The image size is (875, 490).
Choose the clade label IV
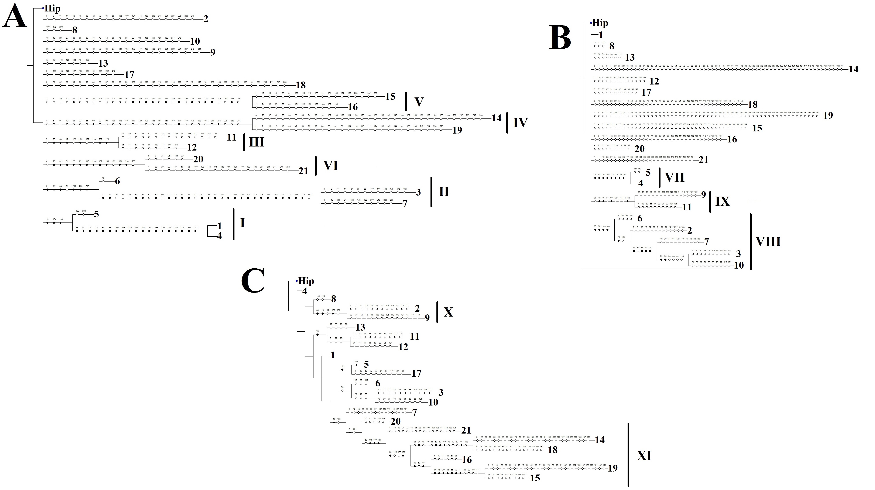click(x=520, y=123)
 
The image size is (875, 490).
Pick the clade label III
click(x=257, y=142)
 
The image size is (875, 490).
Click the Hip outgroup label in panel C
click(x=306, y=281)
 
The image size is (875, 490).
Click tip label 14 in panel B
click(x=853, y=69)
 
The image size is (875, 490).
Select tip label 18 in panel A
click(x=301, y=85)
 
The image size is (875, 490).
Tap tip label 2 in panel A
click(x=206, y=19)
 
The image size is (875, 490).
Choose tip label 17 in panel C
click(x=416, y=373)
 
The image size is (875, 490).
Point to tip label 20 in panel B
click(x=640, y=149)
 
